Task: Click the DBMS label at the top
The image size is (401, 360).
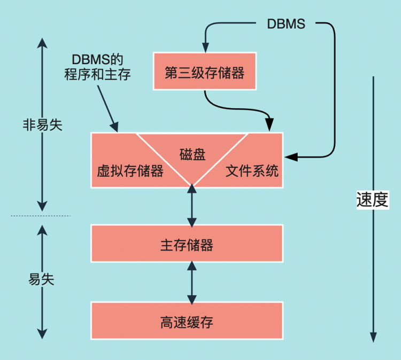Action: click(286, 24)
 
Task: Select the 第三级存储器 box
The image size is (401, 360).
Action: click(205, 72)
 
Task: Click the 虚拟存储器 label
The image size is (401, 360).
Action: click(130, 171)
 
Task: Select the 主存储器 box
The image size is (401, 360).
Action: click(187, 245)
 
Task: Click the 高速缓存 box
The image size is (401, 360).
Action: click(187, 322)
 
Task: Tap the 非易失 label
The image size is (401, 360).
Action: click(42, 124)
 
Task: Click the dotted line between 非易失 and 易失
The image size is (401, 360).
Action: click(40, 216)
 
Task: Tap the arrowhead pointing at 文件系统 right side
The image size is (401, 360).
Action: click(289, 157)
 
